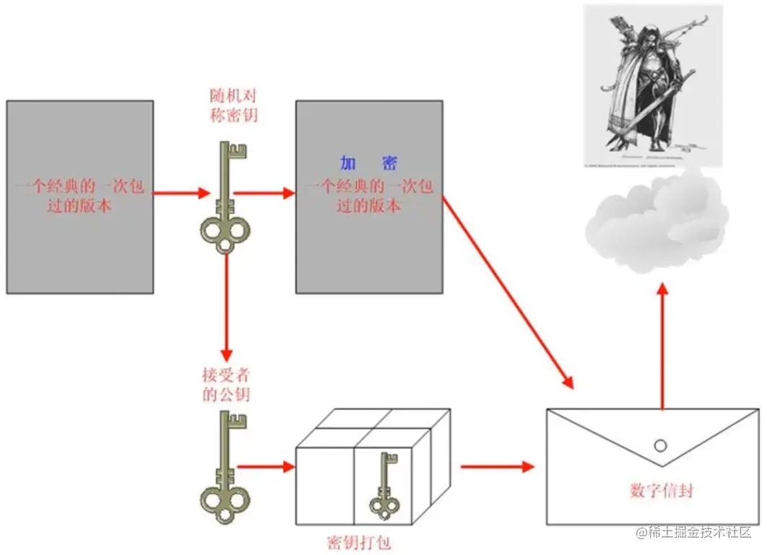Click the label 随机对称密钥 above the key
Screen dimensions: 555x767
pos(233,105)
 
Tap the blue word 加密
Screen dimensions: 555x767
pos(368,163)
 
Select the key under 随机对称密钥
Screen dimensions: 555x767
pos(225,198)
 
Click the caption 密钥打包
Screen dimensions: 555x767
pos(359,541)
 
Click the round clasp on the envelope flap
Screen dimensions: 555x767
pos(661,445)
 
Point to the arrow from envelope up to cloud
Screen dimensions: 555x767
pos(662,346)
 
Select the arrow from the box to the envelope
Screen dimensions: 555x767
pos(497,467)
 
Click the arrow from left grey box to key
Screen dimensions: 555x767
pos(181,193)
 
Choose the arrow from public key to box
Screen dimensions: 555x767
pos(266,467)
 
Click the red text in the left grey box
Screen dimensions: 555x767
pos(80,196)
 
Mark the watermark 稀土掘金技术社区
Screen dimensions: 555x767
pos(694,533)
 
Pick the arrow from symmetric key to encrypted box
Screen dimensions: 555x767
pos(264,193)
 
